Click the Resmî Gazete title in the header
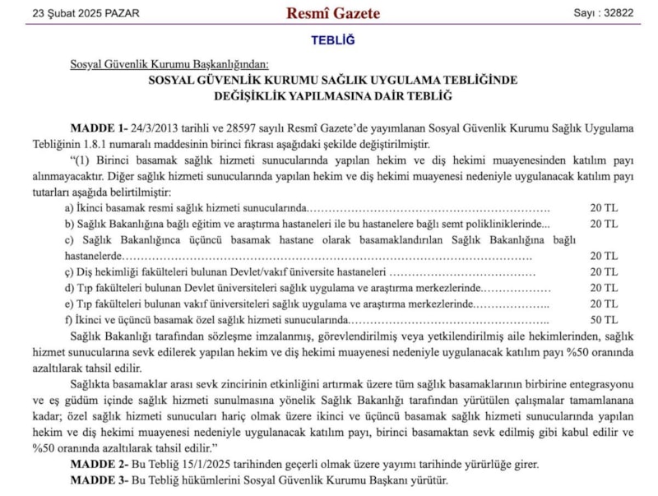[x=332, y=13]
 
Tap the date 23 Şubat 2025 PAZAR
[x=86, y=13]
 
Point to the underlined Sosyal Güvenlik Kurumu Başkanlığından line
[x=169, y=64]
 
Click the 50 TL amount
[x=603, y=320]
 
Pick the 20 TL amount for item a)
[x=603, y=207]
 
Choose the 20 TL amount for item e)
[x=603, y=304]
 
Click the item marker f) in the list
[x=69, y=320]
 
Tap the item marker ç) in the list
[x=69, y=272]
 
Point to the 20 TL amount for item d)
[x=603, y=288]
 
